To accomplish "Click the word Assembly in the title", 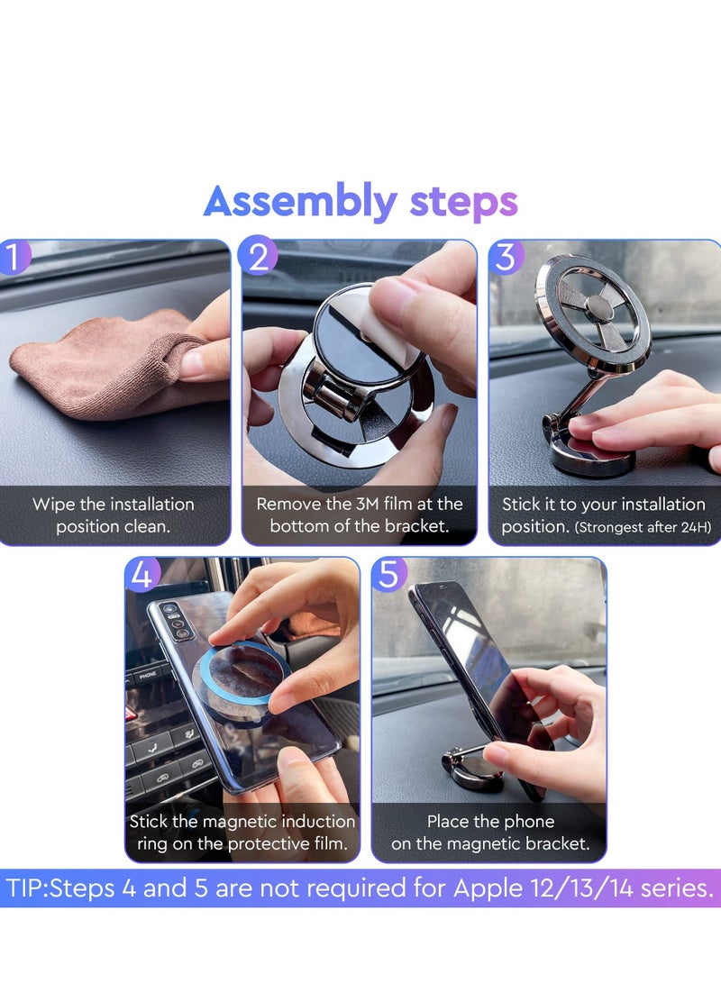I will [299, 202].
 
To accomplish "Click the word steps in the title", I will [463, 202].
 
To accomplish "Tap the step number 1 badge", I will [15, 258].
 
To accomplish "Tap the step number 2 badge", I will [259, 258].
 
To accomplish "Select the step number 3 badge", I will [506, 258].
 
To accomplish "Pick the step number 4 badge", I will [141, 575].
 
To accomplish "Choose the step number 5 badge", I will [388, 575].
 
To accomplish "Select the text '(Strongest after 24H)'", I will [645, 527].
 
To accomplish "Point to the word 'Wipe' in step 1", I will [54, 504].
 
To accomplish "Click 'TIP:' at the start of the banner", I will [27, 888].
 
